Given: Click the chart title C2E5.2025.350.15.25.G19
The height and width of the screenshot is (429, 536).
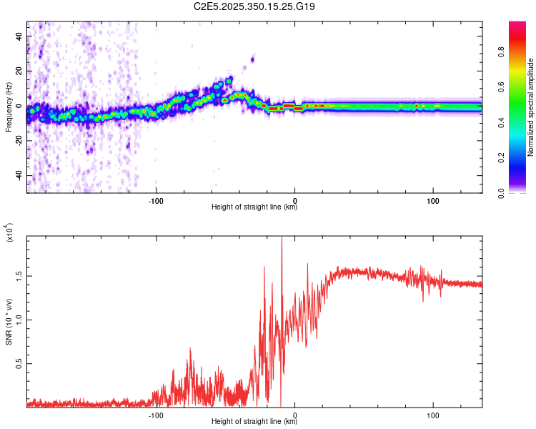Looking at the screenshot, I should [254, 6].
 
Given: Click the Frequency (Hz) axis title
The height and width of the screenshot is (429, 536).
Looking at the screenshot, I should [9, 107].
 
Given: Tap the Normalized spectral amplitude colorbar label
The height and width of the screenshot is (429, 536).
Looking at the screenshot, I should [531, 107].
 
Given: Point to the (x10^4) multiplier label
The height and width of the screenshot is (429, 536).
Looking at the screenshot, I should [9, 232].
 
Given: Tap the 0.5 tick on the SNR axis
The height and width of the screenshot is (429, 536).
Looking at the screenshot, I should [18, 363].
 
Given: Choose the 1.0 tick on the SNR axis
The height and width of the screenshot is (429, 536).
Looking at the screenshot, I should [18, 319].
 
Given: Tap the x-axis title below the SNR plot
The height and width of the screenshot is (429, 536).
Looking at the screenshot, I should [254, 422].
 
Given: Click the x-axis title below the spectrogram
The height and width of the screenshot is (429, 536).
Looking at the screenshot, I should [254, 207].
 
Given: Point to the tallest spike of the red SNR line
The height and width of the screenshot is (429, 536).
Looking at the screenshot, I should [282, 238].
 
